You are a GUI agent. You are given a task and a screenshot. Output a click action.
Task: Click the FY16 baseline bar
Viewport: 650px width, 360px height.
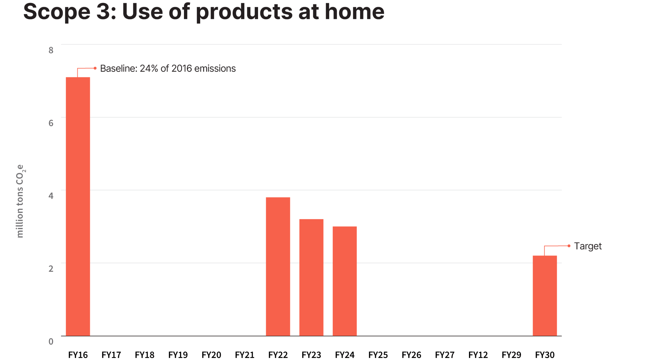point(78,207)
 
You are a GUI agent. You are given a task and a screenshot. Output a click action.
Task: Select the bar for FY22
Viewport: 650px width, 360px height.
point(278,267)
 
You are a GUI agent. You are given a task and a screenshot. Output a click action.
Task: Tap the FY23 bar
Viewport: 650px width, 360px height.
point(311,277)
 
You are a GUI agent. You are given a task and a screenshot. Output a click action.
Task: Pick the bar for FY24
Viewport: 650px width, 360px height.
point(344,281)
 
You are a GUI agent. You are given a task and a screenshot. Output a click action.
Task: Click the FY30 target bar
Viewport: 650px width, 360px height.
point(545,296)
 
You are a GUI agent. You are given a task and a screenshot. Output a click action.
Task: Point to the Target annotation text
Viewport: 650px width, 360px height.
point(588,246)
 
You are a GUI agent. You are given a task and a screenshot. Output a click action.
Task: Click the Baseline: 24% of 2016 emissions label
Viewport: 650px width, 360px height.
point(168,69)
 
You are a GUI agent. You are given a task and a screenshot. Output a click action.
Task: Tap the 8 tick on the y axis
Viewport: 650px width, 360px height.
point(51,50)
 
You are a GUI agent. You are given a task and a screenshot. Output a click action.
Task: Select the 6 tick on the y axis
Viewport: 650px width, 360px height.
point(51,123)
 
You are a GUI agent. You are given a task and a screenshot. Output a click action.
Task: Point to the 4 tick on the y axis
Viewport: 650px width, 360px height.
point(51,196)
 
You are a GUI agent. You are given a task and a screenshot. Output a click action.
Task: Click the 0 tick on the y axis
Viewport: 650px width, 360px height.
point(51,341)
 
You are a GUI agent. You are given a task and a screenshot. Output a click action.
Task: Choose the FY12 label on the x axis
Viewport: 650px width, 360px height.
point(478,355)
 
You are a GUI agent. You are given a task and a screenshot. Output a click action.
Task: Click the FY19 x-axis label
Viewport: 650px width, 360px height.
point(178,355)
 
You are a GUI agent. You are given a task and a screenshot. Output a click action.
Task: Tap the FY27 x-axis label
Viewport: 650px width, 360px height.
point(445,355)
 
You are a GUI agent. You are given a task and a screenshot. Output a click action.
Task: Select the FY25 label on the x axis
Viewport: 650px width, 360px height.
point(378,355)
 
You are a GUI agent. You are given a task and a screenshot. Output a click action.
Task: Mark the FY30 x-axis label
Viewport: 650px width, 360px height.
point(545,355)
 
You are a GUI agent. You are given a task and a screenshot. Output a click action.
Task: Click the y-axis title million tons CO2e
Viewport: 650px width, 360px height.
point(20,201)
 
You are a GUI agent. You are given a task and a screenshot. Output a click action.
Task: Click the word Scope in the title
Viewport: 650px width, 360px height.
point(57,11)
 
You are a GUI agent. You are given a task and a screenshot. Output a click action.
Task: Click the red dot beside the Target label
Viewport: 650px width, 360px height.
point(569,246)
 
